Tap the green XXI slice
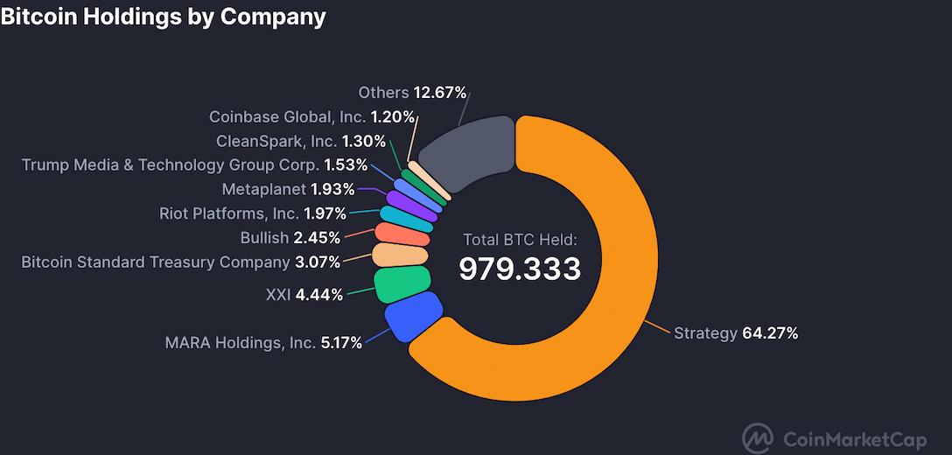(402, 283)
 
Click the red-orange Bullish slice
(402, 234)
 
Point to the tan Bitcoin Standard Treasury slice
(400, 255)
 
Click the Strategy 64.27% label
(735, 333)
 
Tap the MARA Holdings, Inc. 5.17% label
(263, 343)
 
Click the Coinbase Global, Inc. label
(287, 117)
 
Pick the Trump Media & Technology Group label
(171, 164)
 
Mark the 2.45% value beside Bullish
(317, 238)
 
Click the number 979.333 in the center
(520, 269)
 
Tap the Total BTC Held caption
(520, 240)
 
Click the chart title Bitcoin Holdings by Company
(164, 16)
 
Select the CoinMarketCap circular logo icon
(758, 437)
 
